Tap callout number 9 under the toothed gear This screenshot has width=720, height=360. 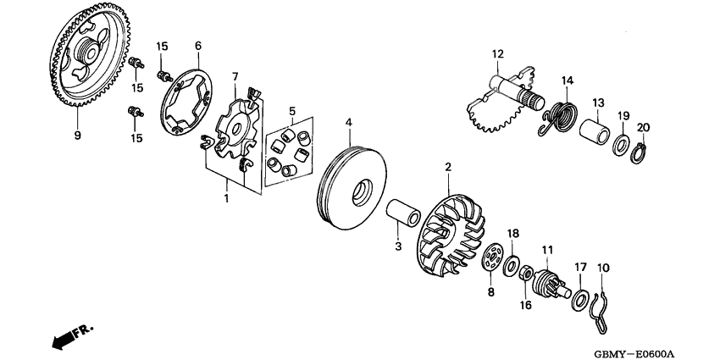78,135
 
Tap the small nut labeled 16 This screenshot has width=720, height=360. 525,273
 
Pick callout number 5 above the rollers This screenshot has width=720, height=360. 292,111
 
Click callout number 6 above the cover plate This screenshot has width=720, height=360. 197,46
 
